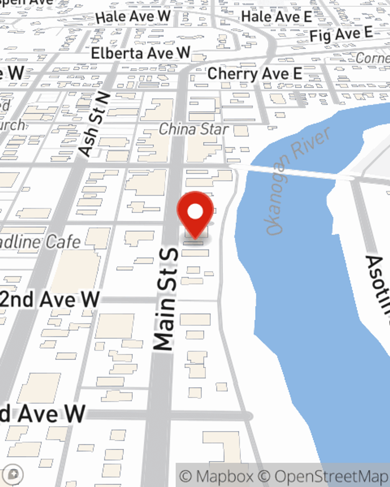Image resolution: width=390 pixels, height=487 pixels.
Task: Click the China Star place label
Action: point(193,129)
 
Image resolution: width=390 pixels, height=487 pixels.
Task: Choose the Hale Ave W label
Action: point(133,17)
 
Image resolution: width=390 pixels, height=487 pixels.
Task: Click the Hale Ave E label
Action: point(276,17)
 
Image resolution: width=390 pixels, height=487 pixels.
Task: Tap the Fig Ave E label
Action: point(341,35)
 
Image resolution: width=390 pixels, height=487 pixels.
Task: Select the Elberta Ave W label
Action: point(140,53)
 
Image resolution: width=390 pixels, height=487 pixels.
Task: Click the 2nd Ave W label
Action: point(50,299)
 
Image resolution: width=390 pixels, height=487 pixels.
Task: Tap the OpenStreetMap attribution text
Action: point(331,476)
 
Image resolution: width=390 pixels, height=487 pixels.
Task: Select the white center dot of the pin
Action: point(195,212)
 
